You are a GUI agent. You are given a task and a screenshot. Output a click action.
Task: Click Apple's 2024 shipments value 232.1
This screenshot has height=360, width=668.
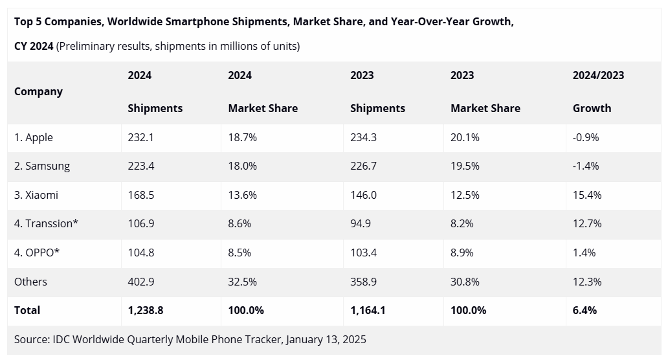140,137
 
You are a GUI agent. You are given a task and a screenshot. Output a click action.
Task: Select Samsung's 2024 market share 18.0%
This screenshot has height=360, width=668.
242,166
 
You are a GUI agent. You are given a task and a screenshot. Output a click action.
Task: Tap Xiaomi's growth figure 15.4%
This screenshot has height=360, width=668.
587,195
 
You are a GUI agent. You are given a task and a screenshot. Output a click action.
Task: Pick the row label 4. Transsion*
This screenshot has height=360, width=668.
46,223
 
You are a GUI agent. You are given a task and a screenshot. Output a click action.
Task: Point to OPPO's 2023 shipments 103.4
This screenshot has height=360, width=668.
364,253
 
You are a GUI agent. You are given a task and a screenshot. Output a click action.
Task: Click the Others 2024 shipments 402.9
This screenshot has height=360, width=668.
141,282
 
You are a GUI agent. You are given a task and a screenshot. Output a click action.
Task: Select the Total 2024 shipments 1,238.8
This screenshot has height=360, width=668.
146,310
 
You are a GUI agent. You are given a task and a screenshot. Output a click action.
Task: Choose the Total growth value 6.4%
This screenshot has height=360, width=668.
584,310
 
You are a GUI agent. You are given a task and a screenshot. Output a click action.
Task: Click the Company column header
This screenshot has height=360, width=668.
38,91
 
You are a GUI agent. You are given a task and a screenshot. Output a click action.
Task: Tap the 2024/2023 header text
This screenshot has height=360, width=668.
598,75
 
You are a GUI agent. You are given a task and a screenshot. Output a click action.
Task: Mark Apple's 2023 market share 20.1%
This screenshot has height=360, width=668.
465,137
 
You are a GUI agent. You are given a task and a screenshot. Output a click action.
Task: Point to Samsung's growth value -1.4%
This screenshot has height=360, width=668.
586,166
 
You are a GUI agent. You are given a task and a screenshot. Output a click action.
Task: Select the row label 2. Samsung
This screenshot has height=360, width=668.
42,166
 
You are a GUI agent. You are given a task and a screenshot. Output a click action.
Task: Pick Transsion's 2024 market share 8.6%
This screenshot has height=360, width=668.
239,223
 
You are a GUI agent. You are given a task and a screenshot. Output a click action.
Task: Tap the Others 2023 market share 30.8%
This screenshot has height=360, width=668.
465,282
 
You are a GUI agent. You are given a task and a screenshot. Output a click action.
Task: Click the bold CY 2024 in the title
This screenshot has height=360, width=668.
34,46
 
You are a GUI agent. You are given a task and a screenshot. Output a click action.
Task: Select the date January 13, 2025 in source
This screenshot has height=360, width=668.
326,339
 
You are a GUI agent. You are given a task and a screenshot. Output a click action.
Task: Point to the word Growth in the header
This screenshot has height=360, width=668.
592,108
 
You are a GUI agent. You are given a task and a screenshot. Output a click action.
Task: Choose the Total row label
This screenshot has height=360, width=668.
27,310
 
